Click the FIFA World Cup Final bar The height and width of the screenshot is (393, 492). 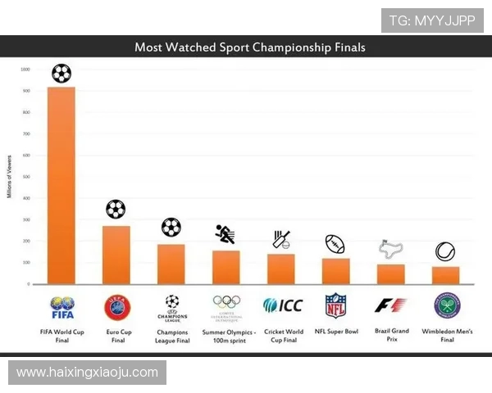point(61,185)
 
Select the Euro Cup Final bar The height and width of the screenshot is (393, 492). point(116,255)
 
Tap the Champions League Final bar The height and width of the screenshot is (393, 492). point(171,264)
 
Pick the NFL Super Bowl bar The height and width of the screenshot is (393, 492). point(335,271)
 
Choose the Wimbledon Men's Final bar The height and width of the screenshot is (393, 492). point(445,275)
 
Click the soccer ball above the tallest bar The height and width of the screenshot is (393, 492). point(61,74)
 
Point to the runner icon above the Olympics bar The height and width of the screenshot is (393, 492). point(225,234)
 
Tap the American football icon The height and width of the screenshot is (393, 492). point(335,244)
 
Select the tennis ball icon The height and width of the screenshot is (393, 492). point(445,251)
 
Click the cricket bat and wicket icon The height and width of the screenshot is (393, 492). point(281,239)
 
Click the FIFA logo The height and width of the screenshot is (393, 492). point(61,307)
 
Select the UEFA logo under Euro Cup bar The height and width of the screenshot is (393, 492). point(116,306)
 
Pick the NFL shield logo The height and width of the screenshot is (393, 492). point(335,305)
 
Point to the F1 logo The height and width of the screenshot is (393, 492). point(390,305)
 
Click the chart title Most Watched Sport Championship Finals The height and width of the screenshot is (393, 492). point(250,47)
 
